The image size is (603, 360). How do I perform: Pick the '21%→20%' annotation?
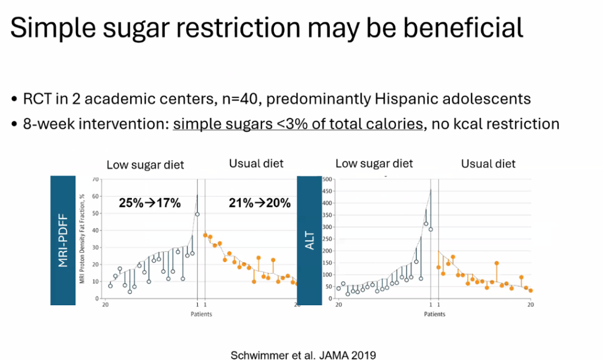tap(259, 203)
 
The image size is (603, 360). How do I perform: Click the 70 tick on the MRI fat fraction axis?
tap(95, 179)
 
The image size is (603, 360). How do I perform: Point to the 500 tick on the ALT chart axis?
tap(327, 179)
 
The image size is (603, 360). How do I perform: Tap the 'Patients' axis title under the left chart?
tap(201, 314)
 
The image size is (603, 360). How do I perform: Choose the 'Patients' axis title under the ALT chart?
tap(435, 314)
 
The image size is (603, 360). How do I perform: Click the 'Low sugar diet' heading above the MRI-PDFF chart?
tap(145, 166)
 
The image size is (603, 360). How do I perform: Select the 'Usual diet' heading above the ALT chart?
tap(488, 164)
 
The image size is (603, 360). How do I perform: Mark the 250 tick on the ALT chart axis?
tap(327, 239)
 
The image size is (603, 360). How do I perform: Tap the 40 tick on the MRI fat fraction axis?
tap(95, 230)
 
